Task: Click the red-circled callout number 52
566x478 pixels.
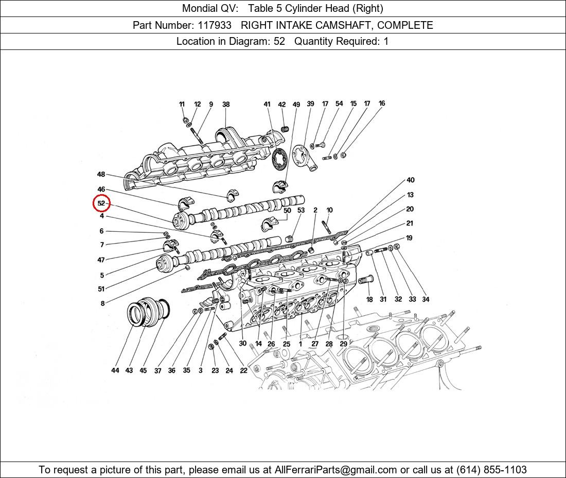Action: point(101,203)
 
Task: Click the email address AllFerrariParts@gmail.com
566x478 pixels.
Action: point(336,470)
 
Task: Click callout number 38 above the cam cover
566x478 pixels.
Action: point(226,105)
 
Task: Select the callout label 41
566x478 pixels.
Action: point(267,105)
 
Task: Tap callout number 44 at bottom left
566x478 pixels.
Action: point(115,370)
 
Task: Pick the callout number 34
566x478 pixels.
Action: point(426,299)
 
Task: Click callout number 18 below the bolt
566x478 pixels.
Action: point(369,300)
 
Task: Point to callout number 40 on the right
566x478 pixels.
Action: point(410,180)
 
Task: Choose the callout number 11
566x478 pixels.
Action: point(182,105)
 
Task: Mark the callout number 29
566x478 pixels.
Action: point(343,344)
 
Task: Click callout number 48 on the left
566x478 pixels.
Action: point(101,174)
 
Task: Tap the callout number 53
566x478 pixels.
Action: point(301,210)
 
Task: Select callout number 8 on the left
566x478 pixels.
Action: point(102,303)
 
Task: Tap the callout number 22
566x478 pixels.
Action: point(243,370)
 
